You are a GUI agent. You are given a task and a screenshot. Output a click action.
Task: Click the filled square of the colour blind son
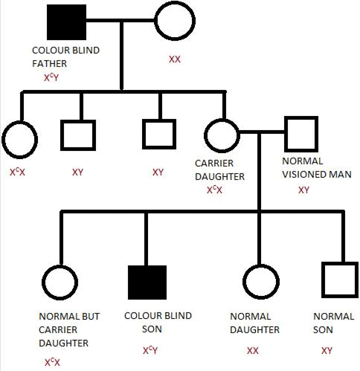pos(147,282)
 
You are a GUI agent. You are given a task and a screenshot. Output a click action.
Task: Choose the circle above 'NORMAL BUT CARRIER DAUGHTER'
pos(60,282)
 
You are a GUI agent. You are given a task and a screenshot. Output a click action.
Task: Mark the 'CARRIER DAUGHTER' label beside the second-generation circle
pos(219,170)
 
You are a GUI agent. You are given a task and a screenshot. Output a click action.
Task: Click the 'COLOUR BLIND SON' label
pos(158,323)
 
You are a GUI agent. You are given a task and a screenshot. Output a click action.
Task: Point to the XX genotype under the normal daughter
pos(253,350)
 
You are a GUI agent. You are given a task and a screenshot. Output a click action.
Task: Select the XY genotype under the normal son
pos(326,349)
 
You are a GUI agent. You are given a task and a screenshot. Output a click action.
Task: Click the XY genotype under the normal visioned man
pos(303,190)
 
